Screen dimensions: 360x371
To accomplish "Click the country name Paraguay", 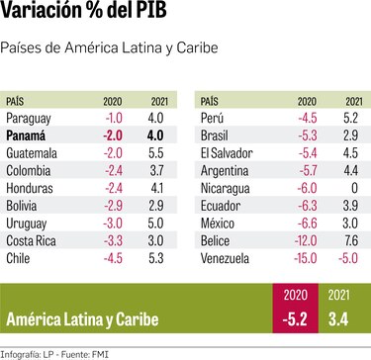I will point(29,118).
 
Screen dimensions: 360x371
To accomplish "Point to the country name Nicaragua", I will point(227,188).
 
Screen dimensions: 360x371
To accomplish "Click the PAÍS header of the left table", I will point(17,101).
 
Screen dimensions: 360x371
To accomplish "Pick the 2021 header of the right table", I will point(351,101).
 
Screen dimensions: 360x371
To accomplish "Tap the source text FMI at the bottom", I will point(102,350).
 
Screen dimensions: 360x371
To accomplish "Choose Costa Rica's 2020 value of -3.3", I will point(113,240).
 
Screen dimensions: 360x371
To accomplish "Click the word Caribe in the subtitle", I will point(193,47).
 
